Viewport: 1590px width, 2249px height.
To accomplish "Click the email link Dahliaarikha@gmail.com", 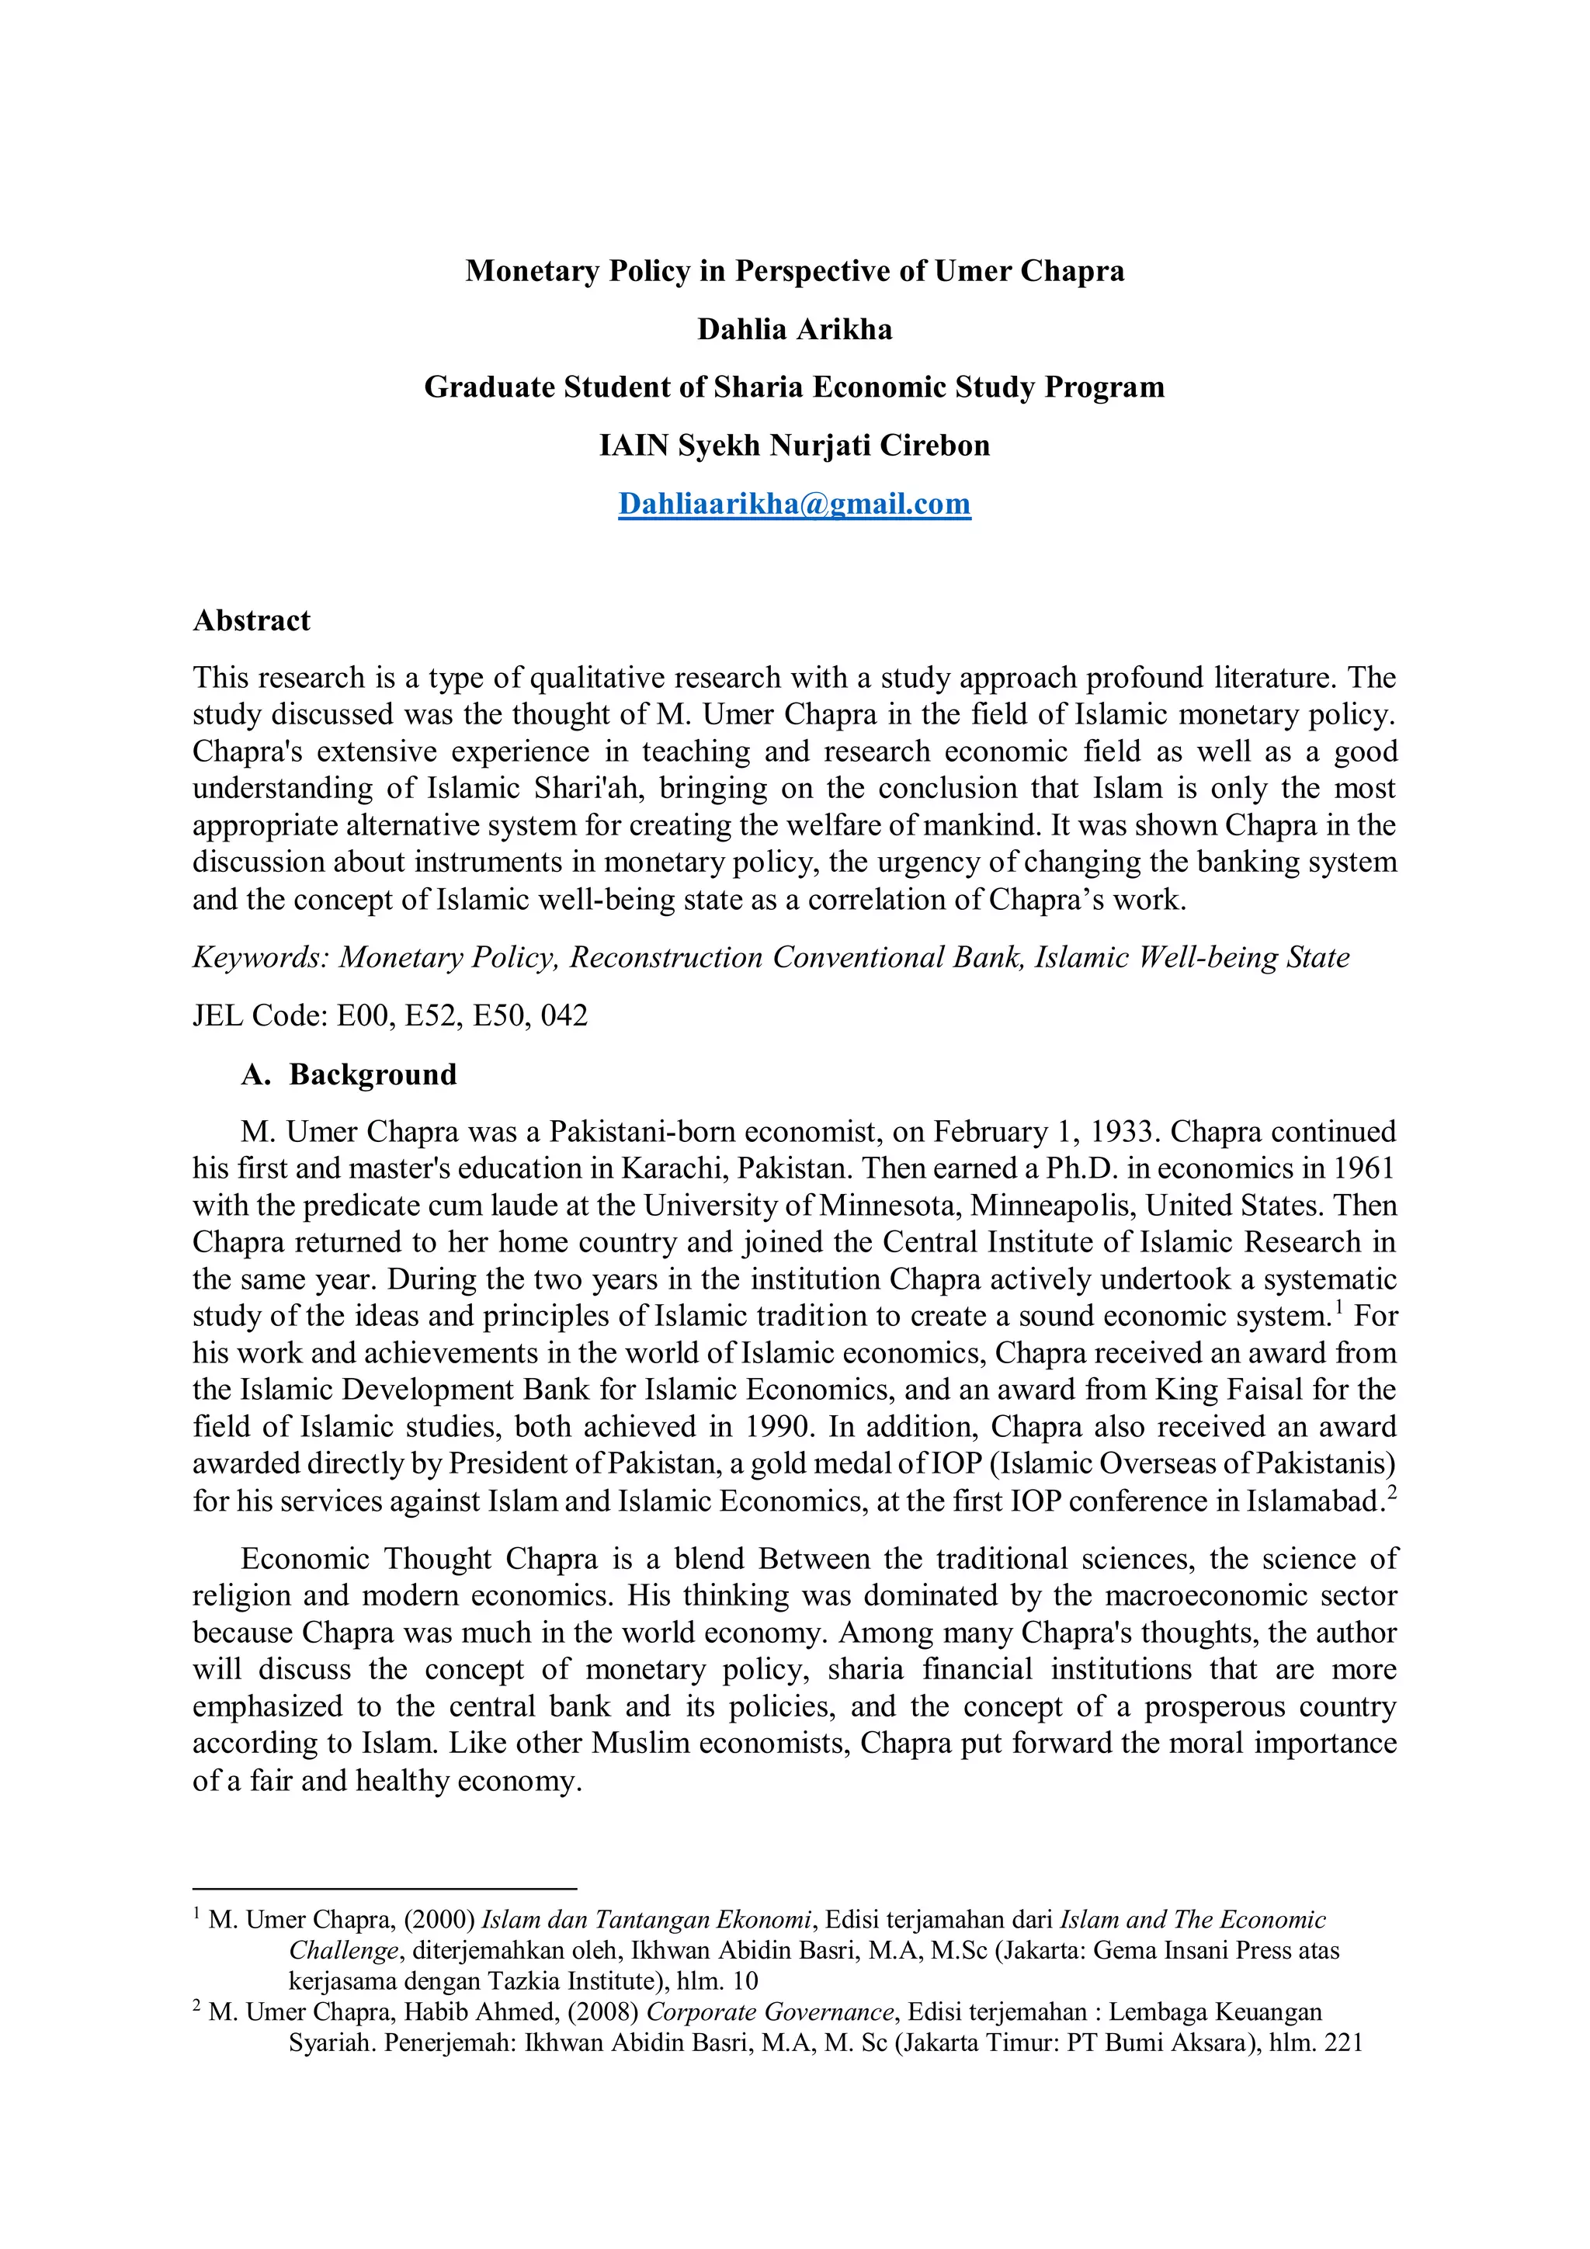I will point(793,504).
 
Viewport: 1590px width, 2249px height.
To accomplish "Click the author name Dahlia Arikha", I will point(793,329).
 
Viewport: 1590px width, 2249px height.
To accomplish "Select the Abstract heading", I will point(251,620).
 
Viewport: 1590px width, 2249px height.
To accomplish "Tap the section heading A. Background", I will point(349,1074).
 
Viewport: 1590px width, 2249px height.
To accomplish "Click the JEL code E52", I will point(431,1015).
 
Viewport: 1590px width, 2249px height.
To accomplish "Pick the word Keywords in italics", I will point(257,957).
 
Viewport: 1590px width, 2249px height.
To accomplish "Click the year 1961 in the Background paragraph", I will point(1362,1168).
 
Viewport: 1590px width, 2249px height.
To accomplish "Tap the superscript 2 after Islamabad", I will point(1391,1492).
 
